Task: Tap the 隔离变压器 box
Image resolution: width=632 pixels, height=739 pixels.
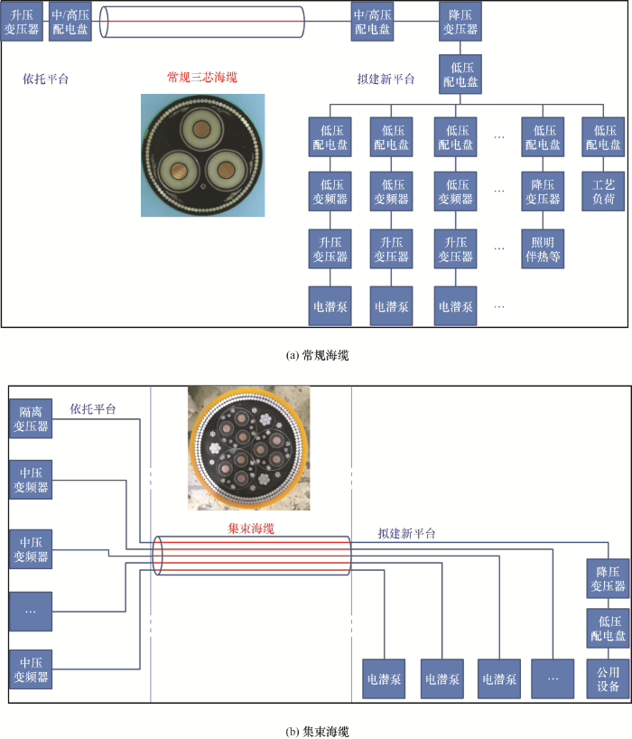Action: tap(31, 419)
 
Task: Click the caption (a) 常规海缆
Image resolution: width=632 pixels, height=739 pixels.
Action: tap(316, 355)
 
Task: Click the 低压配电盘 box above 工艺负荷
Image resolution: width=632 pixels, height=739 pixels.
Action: tap(603, 137)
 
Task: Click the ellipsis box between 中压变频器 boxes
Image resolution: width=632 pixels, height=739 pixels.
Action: tap(31, 612)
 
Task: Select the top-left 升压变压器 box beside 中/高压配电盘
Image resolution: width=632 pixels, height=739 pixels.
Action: tap(22, 20)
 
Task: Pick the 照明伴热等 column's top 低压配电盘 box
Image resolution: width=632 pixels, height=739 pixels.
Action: tap(543, 137)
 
